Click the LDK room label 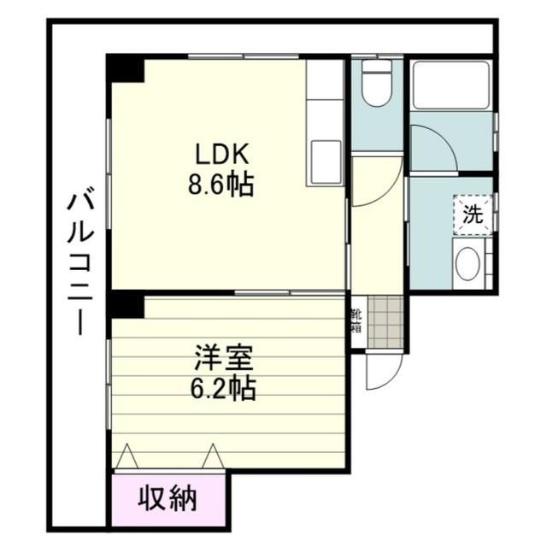pos(221,155)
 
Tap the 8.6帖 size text pos(221,185)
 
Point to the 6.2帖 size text pos(221,390)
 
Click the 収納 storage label pos(169,497)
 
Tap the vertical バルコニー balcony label pos(80,261)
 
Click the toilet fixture pos(376,84)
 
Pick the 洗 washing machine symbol pos(472,215)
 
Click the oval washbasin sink pos(467,264)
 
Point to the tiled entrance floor pos(383,322)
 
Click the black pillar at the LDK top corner pos(125,68)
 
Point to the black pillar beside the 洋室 pos(125,303)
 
